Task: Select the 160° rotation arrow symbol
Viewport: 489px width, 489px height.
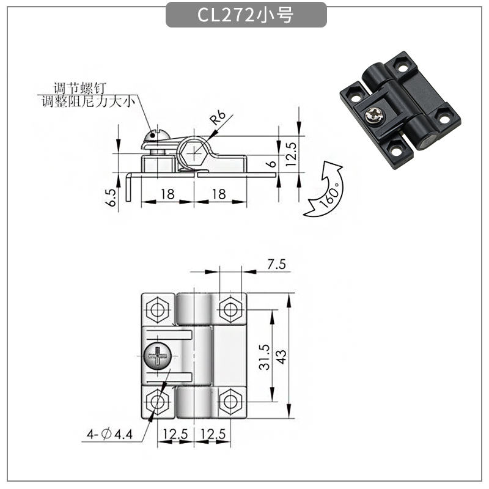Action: (325, 189)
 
